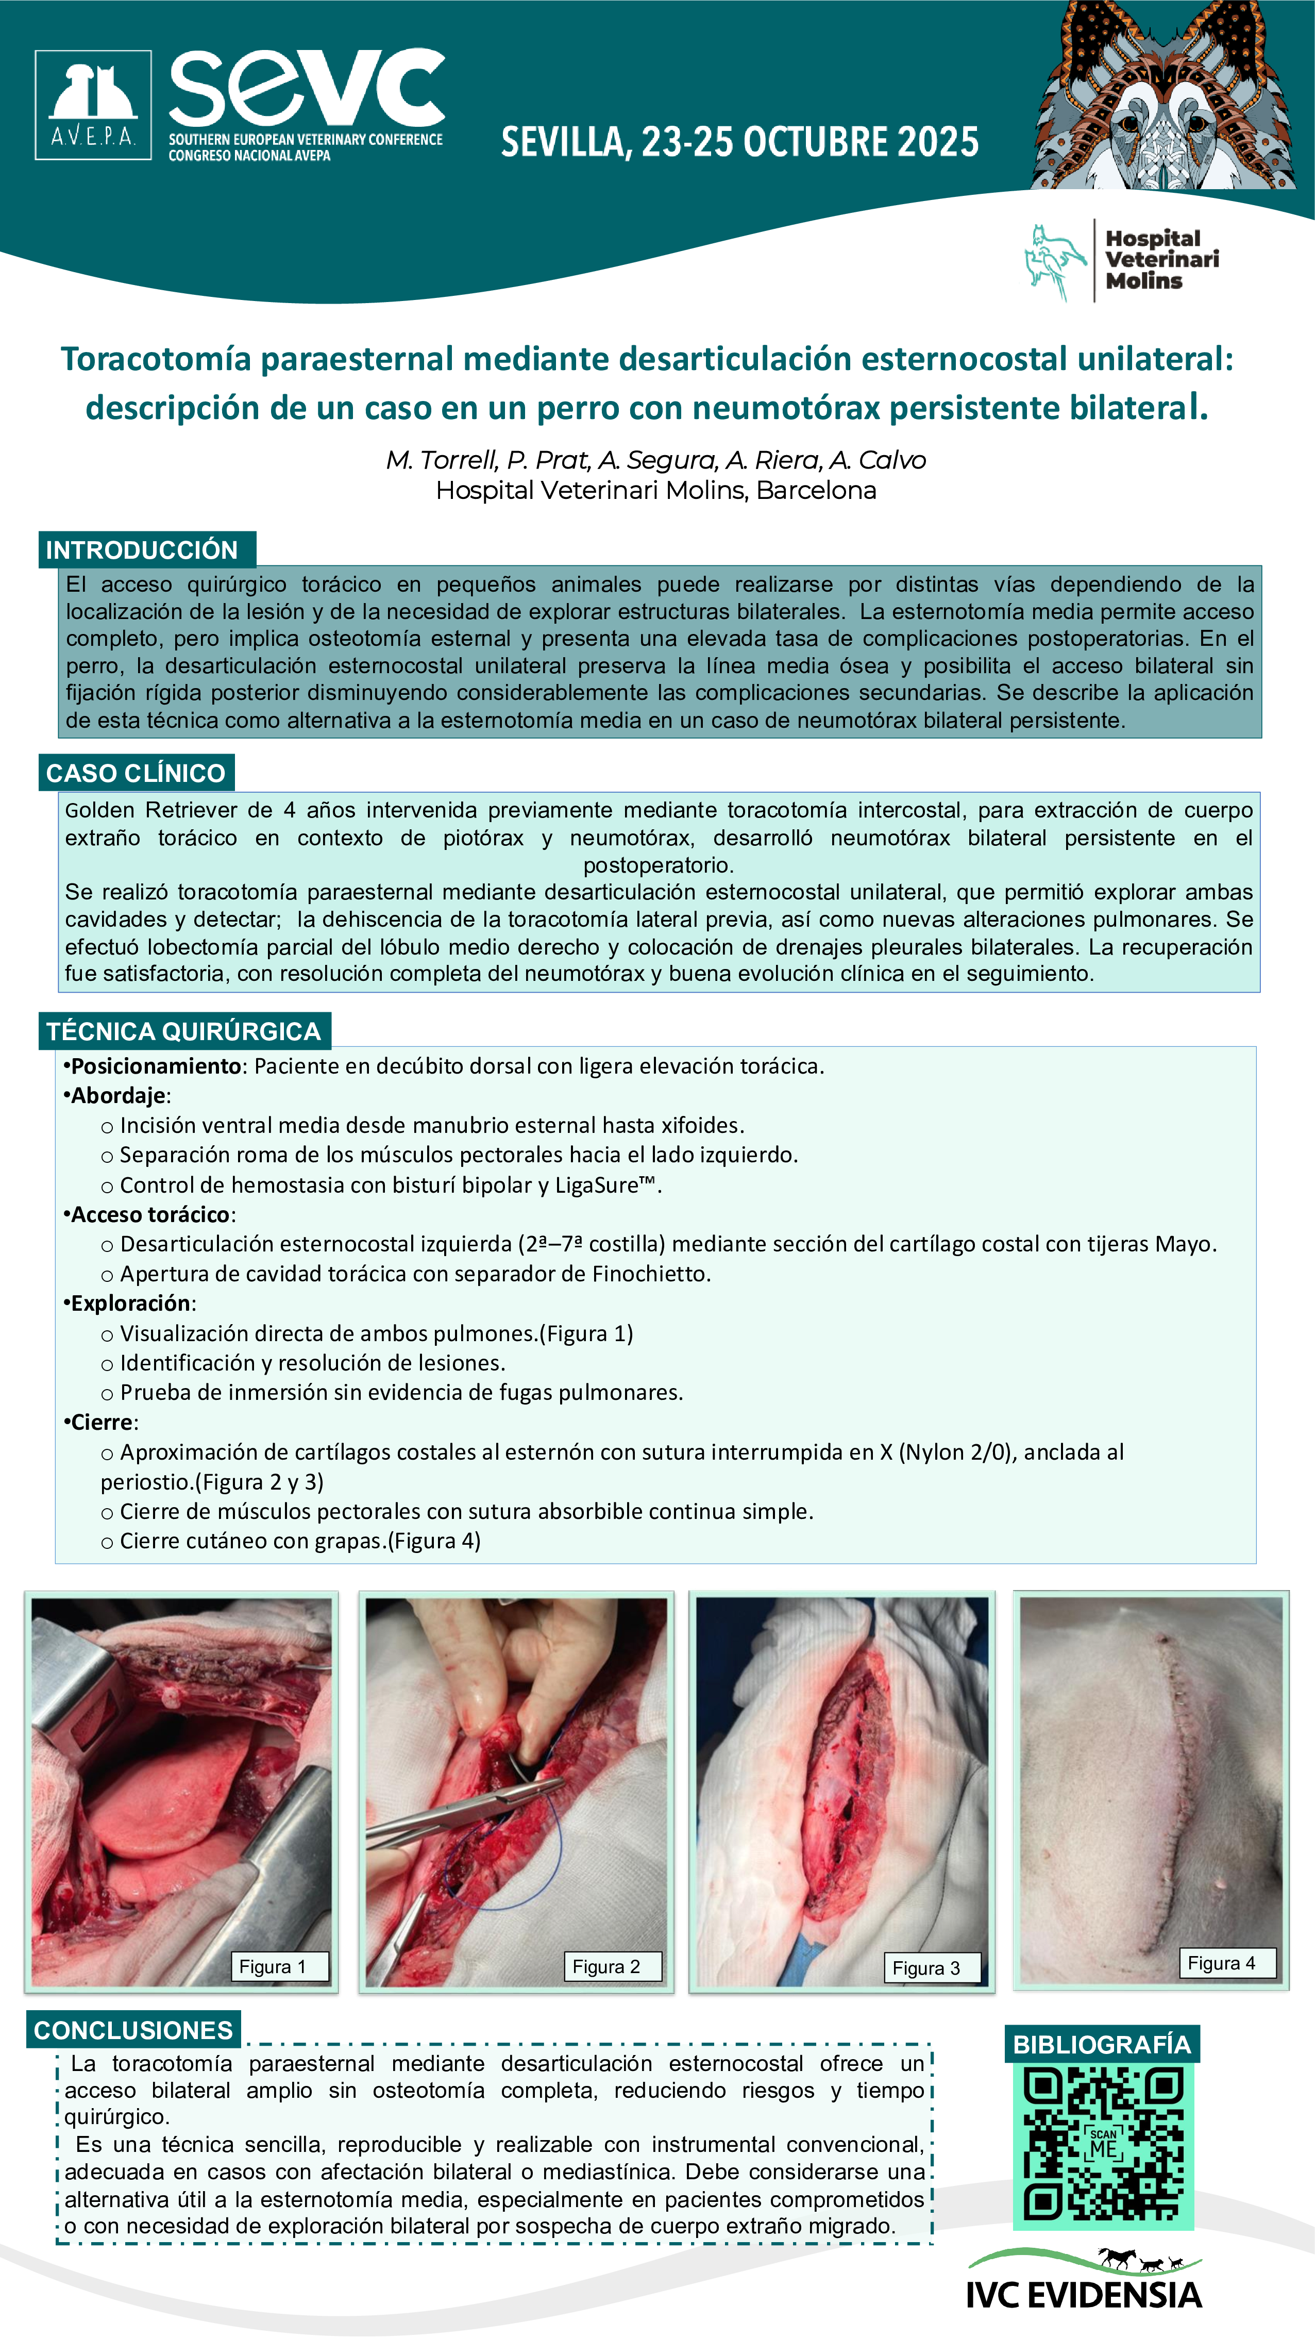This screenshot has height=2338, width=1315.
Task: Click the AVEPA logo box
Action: click(x=93, y=105)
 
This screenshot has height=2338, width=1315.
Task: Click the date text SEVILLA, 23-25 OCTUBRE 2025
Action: click(x=739, y=142)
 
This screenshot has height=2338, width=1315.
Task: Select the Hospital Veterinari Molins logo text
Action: click(x=1161, y=260)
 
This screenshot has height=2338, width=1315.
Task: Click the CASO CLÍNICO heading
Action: click(x=136, y=773)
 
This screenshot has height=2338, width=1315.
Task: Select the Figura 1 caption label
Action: click(x=272, y=1967)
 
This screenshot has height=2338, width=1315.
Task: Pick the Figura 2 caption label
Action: click(x=606, y=1967)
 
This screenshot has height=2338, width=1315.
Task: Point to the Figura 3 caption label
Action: click(x=925, y=1968)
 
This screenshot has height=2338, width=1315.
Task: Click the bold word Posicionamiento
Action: click(x=156, y=1066)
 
